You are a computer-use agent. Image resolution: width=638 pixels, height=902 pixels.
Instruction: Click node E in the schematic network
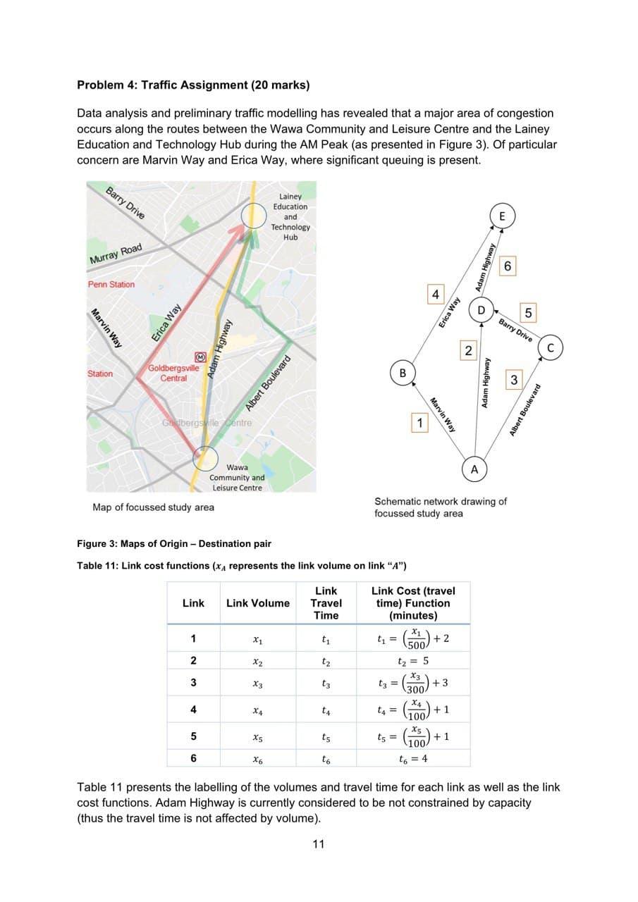point(501,216)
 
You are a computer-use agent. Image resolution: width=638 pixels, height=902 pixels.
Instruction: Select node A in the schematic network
point(474,469)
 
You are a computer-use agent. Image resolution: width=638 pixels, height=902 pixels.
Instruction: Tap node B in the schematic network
point(402,373)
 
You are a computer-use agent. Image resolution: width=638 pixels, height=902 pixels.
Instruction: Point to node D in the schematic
point(481,311)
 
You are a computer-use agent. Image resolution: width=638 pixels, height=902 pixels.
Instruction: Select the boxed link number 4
point(436,293)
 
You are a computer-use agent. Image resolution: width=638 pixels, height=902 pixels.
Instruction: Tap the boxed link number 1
point(420,424)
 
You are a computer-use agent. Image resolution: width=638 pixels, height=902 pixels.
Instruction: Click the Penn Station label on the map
point(111,284)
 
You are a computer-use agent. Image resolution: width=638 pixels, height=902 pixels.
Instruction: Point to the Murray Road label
point(116,254)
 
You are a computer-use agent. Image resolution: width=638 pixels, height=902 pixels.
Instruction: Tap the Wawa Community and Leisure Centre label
point(237,478)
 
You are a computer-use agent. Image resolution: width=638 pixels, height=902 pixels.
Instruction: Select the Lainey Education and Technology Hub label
point(290,217)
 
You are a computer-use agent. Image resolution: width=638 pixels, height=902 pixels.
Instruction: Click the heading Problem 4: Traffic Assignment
point(192,85)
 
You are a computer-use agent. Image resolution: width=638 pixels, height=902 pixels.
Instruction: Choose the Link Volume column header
point(257,603)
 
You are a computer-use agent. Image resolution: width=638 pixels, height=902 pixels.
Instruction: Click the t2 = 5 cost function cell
point(412,662)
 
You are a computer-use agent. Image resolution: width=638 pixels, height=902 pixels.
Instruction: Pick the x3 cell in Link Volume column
point(257,684)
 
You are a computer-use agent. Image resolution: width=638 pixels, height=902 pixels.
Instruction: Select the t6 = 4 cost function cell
point(412,759)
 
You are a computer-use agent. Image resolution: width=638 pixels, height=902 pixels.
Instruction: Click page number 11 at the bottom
point(319,844)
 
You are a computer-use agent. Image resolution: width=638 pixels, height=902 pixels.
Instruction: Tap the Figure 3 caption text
point(173,544)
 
